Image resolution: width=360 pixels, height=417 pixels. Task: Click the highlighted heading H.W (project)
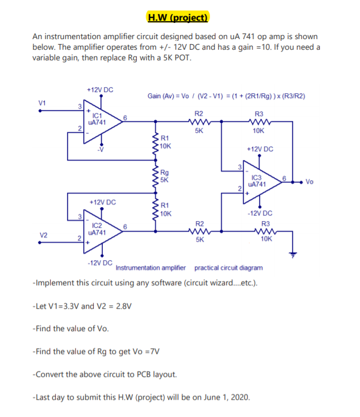pyautogui.click(x=177, y=17)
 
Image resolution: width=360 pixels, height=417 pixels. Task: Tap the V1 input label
pyautogui.click(x=41, y=102)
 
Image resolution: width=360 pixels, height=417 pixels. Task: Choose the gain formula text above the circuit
pyautogui.click(x=226, y=96)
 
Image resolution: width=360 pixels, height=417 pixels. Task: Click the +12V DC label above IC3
pyautogui.click(x=260, y=149)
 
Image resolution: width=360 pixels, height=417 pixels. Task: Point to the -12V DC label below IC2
pyautogui.click(x=100, y=262)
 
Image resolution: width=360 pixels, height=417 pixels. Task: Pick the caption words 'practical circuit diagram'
pyautogui.click(x=228, y=268)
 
